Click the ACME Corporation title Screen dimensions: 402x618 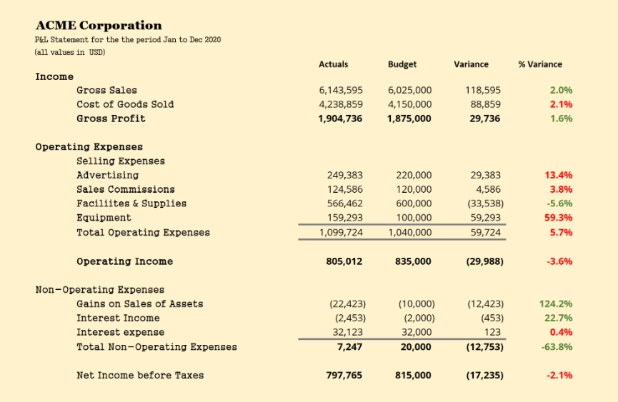[x=99, y=26]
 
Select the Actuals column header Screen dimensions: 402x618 [x=334, y=64]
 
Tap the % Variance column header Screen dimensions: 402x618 [x=540, y=64]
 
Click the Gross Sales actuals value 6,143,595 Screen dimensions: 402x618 [x=340, y=90]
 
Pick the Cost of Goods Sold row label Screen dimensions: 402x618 [x=125, y=104]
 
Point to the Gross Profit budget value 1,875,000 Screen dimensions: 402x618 [x=409, y=119]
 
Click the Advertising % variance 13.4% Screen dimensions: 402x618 [x=558, y=175]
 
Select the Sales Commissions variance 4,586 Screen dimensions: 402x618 [x=488, y=189]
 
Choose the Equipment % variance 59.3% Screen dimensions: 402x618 [x=558, y=218]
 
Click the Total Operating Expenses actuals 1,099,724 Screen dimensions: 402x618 [x=340, y=232]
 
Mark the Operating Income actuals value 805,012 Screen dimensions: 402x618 [x=344, y=261]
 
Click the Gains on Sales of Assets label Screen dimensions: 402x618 [x=140, y=304]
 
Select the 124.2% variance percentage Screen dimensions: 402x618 [x=555, y=304]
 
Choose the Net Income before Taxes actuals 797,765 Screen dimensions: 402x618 [x=344, y=376]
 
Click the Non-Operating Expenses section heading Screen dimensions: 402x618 [x=100, y=290]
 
